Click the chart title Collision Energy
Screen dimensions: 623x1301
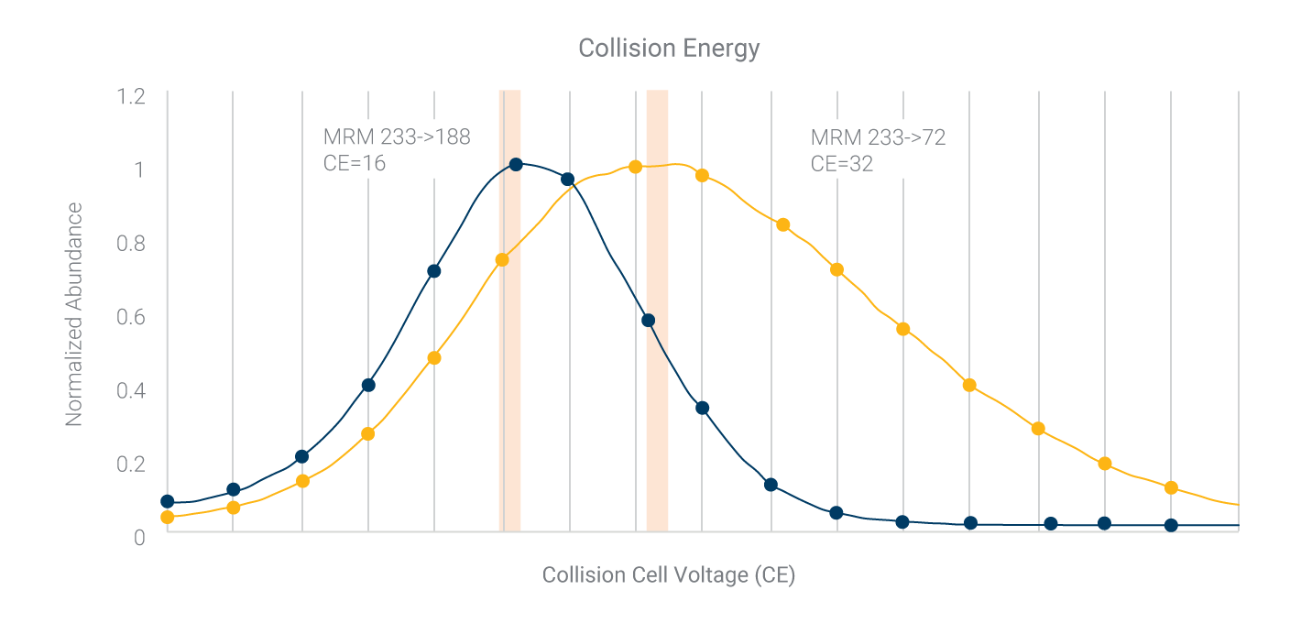(x=669, y=48)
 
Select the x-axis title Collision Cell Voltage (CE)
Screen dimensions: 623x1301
(x=668, y=575)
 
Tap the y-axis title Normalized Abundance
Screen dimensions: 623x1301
(x=74, y=314)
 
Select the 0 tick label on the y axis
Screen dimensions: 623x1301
(x=139, y=537)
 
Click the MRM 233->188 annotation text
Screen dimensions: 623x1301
(x=397, y=137)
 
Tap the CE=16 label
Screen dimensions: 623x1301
(x=355, y=164)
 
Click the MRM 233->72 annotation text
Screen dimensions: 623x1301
(x=878, y=137)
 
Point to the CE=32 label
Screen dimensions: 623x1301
(x=842, y=164)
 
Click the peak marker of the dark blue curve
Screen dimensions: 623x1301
(x=516, y=164)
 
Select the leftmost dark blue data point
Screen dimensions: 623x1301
(x=167, y=501)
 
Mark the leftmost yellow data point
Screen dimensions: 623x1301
(x=167, y=518)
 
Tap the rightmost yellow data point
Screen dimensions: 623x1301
(x=1171, y=487)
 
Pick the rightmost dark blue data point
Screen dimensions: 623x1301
(x=1171, y=525)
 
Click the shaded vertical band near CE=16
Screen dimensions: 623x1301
(x=509, y=366)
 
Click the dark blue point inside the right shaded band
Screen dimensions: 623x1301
(x=649, y=320)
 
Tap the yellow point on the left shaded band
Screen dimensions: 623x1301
(x=502, y=259)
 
